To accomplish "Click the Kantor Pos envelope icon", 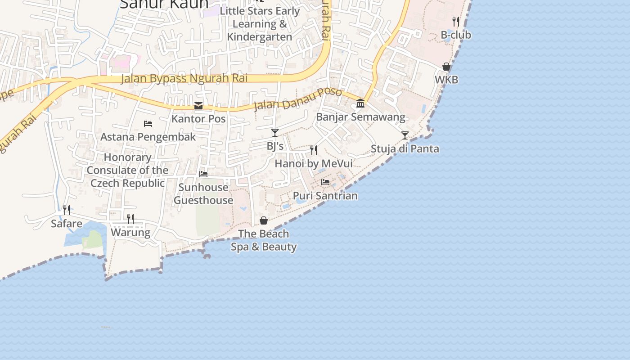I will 198,106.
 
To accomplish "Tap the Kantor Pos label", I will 198,119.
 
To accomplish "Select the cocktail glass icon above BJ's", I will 275,133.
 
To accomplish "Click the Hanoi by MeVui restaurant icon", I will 314,150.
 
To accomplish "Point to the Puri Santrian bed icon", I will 325,182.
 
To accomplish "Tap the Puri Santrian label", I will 325,196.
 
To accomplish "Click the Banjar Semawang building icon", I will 360,104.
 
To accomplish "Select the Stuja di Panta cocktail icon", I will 405,135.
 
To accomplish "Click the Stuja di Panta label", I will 405,148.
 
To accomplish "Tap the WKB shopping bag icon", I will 446,67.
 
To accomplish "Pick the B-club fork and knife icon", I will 456,21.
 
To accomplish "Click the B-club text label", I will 456,35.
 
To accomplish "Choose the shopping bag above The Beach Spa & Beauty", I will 264,220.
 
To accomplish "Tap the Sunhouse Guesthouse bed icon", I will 203,174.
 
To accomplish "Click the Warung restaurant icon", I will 130,219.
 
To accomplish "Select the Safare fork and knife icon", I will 67,210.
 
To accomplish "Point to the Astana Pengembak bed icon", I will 148,123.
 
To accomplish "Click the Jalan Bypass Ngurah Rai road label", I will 184,78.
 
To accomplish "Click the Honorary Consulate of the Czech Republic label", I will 128,170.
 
